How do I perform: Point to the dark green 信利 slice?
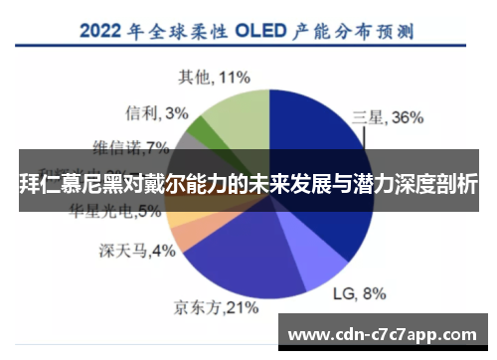pos(203,129)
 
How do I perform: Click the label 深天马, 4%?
pos(136,249)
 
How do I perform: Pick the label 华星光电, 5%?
pos(114,210)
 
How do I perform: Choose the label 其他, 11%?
pos(214,76)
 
